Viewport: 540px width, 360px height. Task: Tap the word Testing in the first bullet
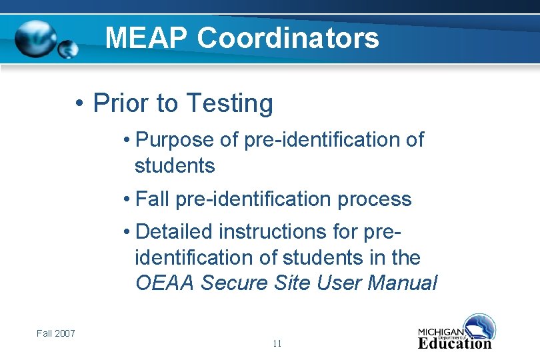coord(229,103)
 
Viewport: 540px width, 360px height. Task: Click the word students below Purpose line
coord(175,165)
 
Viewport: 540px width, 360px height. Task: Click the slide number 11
coord(277,344)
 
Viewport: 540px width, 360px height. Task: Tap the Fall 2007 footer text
coord(56,333)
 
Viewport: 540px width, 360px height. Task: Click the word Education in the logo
coord(455,343)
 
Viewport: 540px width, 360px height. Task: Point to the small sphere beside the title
coord(67,49)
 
